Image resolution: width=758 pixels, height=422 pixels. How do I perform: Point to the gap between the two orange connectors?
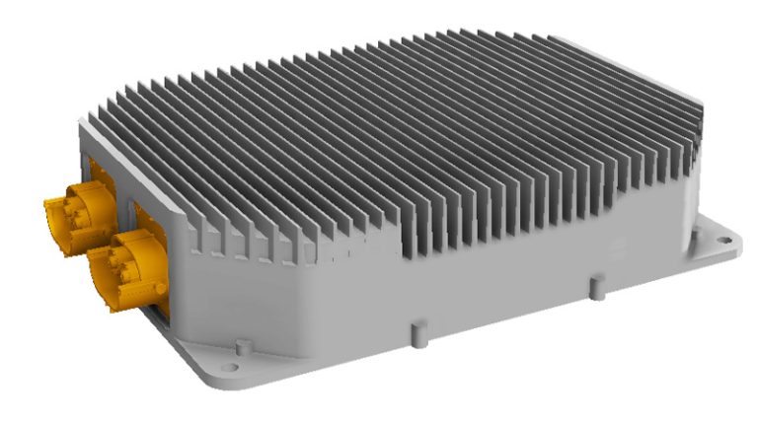coord(94,246)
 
